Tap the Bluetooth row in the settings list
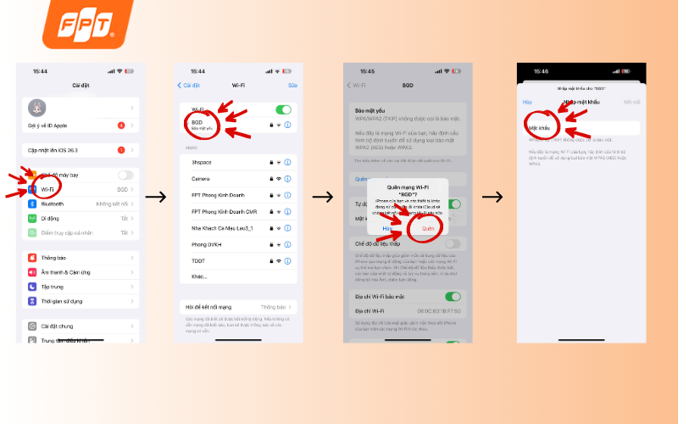coord(53,204)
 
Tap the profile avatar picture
coord(37,108)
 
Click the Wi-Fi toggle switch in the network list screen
coord(283,109)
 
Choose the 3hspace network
coord(202,161)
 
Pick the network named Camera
coord(201,179)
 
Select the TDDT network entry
coord(199,260)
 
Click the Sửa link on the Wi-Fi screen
coord(292,85)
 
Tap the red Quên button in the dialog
coord(428,228)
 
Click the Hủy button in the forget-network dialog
coord(387,228)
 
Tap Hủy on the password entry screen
coord(526,102)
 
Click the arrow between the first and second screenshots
coord(156,197)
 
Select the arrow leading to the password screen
coord(494,197)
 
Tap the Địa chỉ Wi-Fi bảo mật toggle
coord(453,297)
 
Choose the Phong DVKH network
coord(206,244)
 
